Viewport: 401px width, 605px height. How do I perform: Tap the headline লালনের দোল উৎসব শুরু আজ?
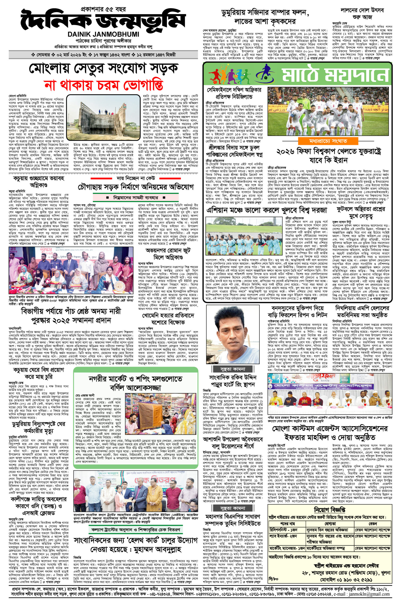click(361, 13)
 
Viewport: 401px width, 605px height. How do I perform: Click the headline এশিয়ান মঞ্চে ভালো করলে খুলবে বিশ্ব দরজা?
click(267, 210)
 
